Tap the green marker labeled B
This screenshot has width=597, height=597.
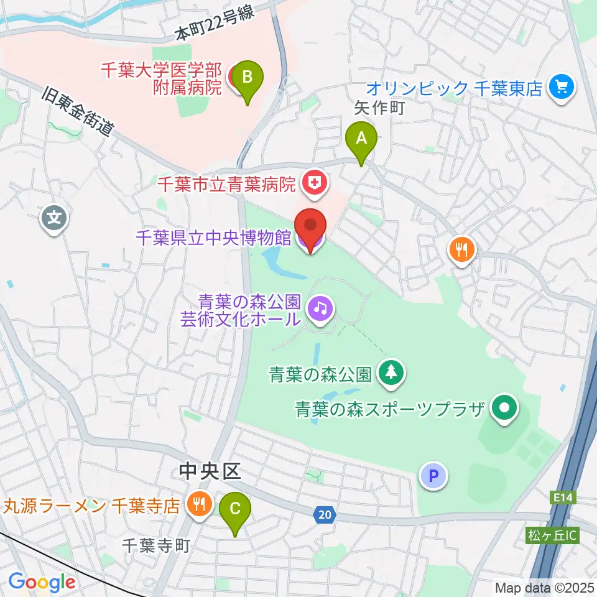click(247, 80)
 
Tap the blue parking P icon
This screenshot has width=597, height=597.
click(434, 476)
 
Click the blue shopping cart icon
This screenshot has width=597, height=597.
click(562, 88)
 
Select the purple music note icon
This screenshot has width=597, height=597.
click(320, 307)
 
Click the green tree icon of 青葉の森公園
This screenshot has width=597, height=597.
click(392, 373)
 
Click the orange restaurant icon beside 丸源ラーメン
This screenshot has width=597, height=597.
click(199, 504)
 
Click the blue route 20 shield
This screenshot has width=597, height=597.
click(323, 514)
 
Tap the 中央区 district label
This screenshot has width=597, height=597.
click(209, 472)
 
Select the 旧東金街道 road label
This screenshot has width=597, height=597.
click(79, 111)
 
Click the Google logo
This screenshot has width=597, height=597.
click(42, 581)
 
